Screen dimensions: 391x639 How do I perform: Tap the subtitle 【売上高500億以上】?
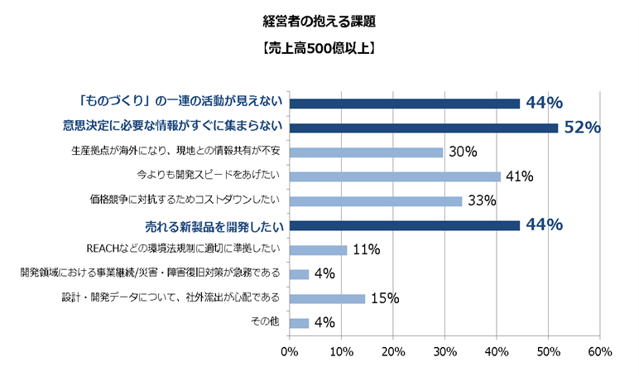pyautogui.click(x=319, y=49)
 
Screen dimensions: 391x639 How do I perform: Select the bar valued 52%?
pyautogui.click(x=423, y=128)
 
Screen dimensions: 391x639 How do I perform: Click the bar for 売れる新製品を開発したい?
pyautogui.click(x=404, y=225)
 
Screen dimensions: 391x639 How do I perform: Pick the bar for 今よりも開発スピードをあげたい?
pyautogui.click(x=395, y=176)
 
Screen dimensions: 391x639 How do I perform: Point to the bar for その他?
pyautogui.click(x=299, y=323)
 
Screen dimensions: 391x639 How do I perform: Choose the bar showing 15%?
pyautogui.click(x=327, y=299)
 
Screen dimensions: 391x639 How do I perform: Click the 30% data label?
pyautogui.click(x=464, y=152)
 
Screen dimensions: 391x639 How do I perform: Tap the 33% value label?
pyautogui.click(x=482, y=201)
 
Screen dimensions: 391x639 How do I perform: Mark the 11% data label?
pyautogui.click(x=366, y=250)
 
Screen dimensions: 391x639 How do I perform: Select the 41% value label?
pyautogui.click(x=521, y=176)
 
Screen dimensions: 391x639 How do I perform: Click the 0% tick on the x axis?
pyautogui.click(x=289, y=352)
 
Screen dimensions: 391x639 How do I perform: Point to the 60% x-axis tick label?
pyautogui.click(x=599, y=352)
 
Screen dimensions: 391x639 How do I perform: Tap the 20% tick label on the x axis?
pyautogui.click(x=392, y=352)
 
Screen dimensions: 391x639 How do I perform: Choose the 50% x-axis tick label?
pyautogui.click(x=548, y=352)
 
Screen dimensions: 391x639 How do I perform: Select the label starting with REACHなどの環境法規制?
pyautogui.click(x=184, y=249)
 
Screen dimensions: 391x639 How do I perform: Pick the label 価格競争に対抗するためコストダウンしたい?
pyautogui.click(x=185, y=200)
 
